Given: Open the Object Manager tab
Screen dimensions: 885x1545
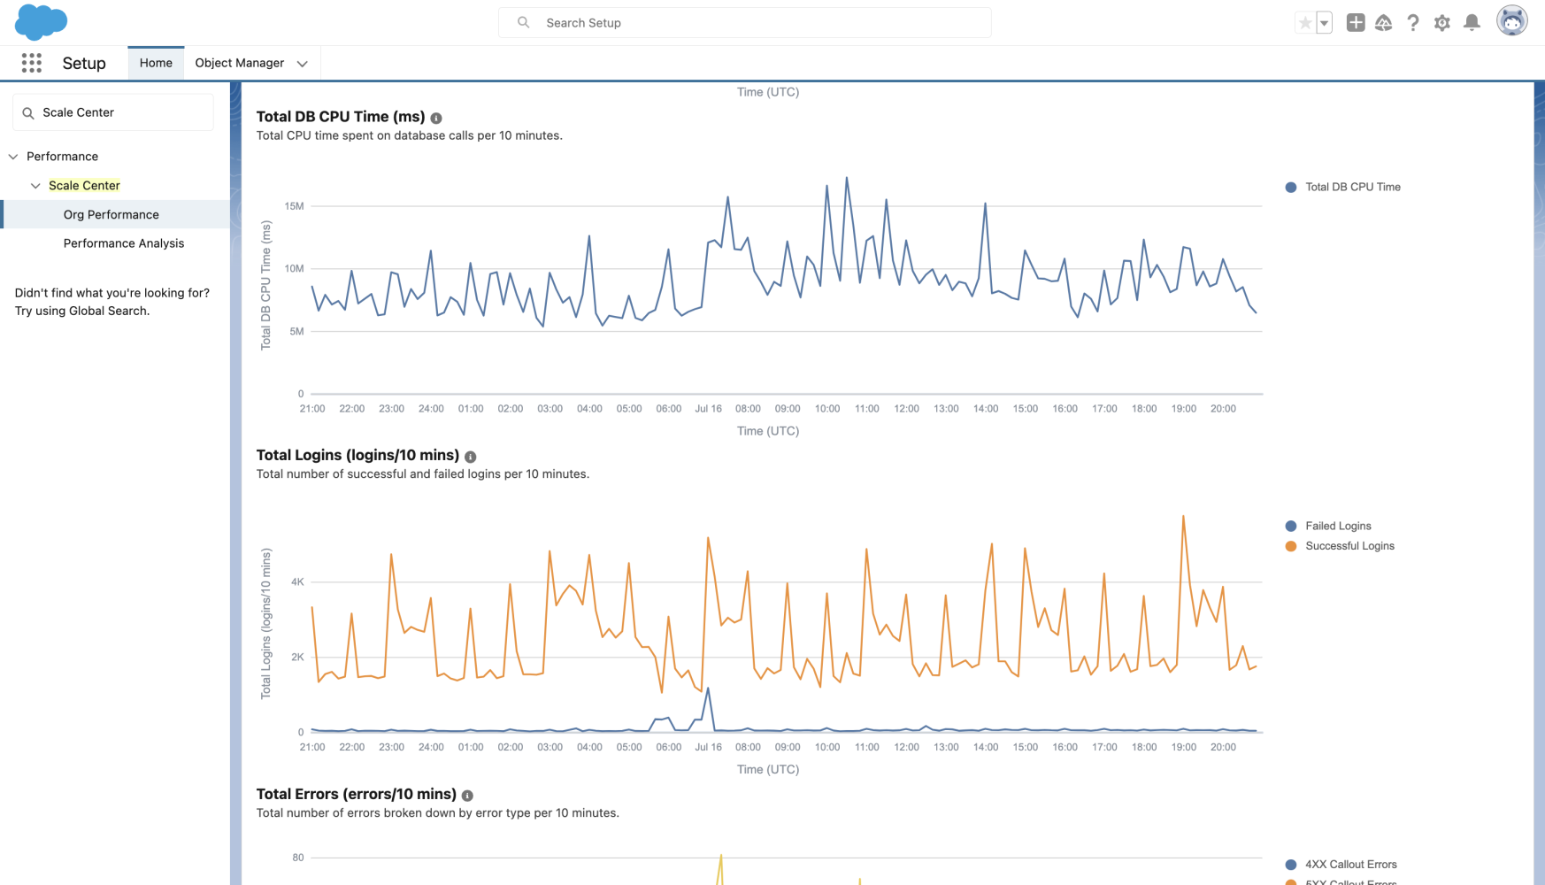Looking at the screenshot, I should click(x=239, y=63).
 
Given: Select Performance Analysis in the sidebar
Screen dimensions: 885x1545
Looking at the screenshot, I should click(x=124, y=243).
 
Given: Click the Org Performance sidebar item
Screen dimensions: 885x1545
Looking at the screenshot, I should click(x=111, y=215).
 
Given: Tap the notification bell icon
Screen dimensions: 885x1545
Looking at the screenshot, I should click(x=1472, y=23).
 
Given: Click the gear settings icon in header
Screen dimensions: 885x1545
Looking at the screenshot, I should click(x=1442, y=23).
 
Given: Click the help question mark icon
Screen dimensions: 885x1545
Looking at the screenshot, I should click(x=1413, y=23).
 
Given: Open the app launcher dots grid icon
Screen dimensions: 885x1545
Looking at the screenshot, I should click(x=32, y=63).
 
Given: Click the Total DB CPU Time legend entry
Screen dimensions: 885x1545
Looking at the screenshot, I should click(x=1352, y=187).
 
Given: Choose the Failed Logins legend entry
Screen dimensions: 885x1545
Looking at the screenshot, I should click(x=1337, y=526).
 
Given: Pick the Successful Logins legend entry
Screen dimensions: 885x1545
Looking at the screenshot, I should click(x=1349, y=546).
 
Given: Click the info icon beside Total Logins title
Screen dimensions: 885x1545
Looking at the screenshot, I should click(x=471, y=457).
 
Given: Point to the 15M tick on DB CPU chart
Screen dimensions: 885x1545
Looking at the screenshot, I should click(x=294, y=206).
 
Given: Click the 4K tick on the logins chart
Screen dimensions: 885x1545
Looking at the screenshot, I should click(x=297, y=582).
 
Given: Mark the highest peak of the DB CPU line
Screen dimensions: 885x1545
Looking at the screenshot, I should click(x=846, y=178).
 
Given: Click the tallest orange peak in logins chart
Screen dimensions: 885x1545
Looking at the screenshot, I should click(x=1183, y=516).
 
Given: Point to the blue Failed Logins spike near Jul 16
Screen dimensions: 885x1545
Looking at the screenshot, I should click(x=707, y=689).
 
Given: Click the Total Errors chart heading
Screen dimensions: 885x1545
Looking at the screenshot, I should click(x=356, y=794).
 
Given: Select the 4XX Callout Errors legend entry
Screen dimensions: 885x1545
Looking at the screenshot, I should click(x=1350, y=865).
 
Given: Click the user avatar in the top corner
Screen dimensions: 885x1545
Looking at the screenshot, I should click(x=1511, y=20).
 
